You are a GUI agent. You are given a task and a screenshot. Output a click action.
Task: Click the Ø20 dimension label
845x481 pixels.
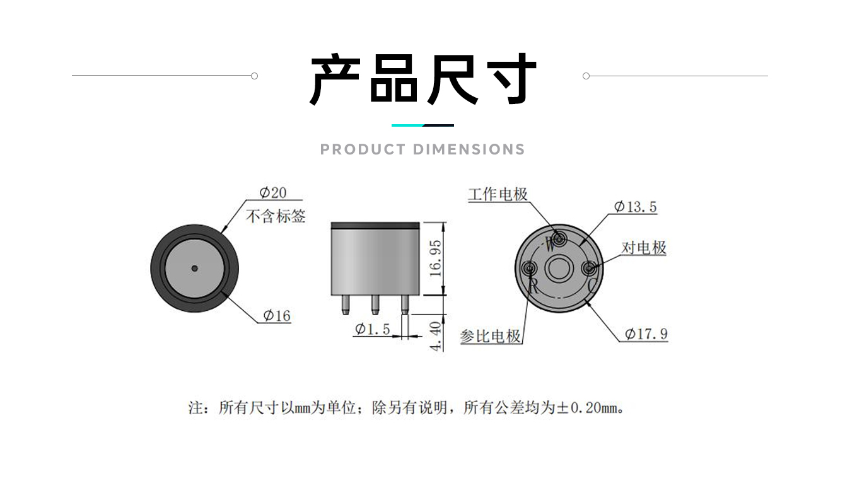pyautogui.click(x=272, y=192)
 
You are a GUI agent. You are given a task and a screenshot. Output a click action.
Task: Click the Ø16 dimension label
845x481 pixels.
pyautogui.click(x=277, y=315)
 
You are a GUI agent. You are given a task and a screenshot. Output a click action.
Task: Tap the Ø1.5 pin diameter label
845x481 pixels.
pyautogui.click(x=373, y=328)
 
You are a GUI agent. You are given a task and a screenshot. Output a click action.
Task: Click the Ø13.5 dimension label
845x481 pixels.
pyautogui.click(x=636, y=206)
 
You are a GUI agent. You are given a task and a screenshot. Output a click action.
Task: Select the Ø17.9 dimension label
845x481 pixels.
pyautogui.click(x=646, y=333)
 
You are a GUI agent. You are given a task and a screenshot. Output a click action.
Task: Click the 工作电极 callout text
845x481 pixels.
pyautogui.click(x=498, y=194)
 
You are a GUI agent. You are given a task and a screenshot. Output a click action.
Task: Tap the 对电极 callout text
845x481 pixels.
pyautogui.click(x=644, y=248)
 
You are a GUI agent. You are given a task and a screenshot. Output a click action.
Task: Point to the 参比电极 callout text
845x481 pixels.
pyautogui.click(x=491, y=336)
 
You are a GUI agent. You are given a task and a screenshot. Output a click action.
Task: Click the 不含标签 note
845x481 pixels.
pyautogui.click(x=276, y=216)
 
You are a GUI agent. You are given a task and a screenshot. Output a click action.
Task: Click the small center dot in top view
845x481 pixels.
pyautogui.click(x=195, y=269)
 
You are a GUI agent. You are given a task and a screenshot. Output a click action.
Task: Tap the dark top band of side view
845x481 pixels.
pyautogui.click(x=375, y=225)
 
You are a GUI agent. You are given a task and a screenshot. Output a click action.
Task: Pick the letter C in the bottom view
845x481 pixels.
pyautogui.click(x=591, y=285)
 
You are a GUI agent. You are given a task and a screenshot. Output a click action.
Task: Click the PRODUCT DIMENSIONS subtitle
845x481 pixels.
pyautogui.click(x=422, y=149)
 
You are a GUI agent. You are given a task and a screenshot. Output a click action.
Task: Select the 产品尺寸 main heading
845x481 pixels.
pyautogui.click(x=422, y=80)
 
